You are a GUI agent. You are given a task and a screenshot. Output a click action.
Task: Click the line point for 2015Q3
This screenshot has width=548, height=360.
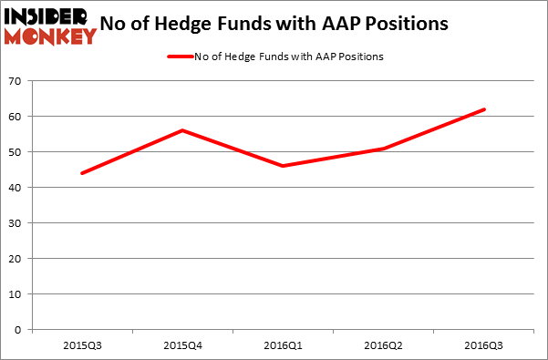click(x=82, y=173)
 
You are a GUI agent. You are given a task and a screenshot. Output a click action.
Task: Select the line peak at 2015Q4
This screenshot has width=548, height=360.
click(x=182, y=130)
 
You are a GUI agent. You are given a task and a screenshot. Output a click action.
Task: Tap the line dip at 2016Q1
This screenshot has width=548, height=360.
click(x=283, y=166)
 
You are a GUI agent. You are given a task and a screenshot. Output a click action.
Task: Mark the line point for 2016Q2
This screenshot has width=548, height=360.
click(x=384, y=149)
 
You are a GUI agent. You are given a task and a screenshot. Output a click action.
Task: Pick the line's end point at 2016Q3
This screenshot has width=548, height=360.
click(x=484, y=109)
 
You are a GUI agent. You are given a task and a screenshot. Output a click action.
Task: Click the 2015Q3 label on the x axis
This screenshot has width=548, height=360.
click(x=82, y=346)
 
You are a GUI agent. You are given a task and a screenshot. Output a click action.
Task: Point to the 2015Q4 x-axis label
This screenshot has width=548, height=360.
click(x=182, y=346)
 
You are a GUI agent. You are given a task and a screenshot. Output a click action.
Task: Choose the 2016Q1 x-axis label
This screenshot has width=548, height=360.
click(x=283, y=346)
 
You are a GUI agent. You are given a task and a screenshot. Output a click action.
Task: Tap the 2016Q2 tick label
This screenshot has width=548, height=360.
click(x=384, y=346)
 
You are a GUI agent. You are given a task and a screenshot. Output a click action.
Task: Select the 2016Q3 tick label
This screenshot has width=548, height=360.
click(x=484, y=346)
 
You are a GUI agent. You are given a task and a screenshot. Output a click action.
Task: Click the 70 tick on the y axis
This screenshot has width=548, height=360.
click(x=16, y=82)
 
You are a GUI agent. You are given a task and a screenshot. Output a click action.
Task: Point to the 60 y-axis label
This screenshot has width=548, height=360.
click(x=16, y=117)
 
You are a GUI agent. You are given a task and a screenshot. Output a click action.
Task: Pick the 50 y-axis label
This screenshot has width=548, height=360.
click(x=16, y=152)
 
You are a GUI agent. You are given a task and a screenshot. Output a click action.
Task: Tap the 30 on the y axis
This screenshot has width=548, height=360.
click(x=16, y=223)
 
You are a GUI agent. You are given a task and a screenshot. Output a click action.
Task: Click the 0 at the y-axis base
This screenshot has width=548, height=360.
click(x=19, y=330)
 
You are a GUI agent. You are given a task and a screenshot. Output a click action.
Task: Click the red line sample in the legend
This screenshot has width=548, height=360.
click(x=179, y=57)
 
